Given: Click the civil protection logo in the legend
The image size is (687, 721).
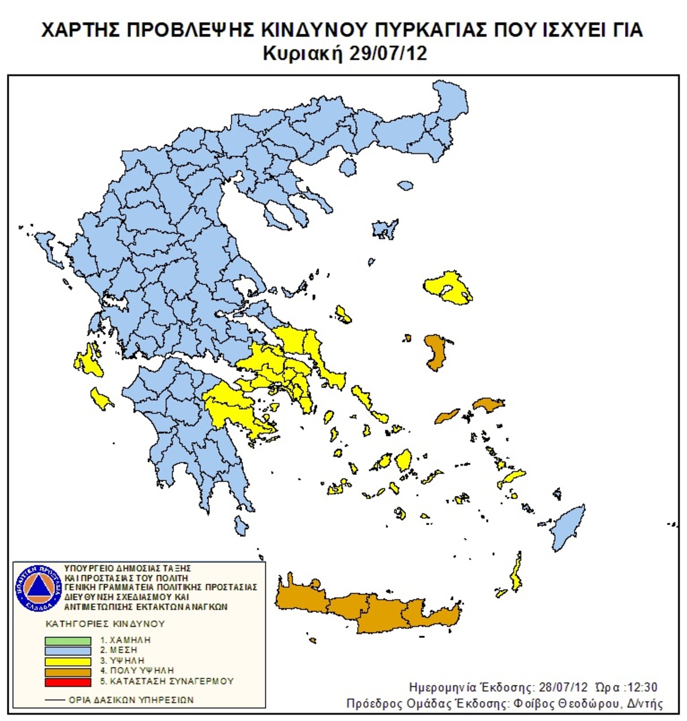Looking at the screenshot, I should tap(38, 587).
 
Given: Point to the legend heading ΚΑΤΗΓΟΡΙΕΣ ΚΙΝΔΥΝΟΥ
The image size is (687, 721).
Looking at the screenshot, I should tap(105, 623).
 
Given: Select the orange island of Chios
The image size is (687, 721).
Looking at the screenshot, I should tap(436, 352).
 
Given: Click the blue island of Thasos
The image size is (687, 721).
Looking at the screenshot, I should tap(347, 167).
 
